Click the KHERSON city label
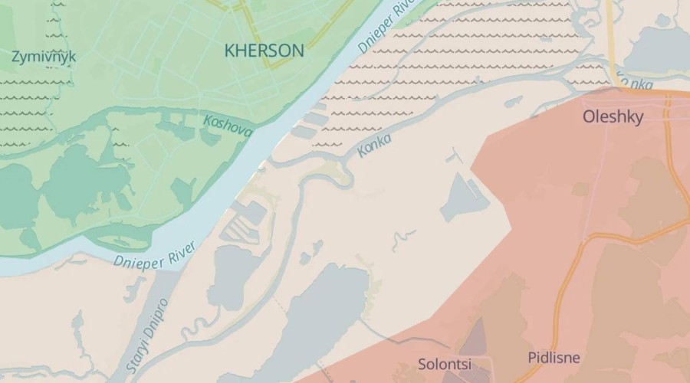point(264,51)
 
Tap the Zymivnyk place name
point(44,57)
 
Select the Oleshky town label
point(613,117)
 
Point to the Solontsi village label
point(445,364)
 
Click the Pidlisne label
point(554,358)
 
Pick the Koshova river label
point(228,126)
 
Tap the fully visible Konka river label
point(374,146)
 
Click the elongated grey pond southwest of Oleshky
point(464,198)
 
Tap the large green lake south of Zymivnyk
point(84,184)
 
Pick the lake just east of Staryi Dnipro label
point(228,276)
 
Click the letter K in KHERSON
point(229,51)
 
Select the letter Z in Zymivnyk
point(16,57)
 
